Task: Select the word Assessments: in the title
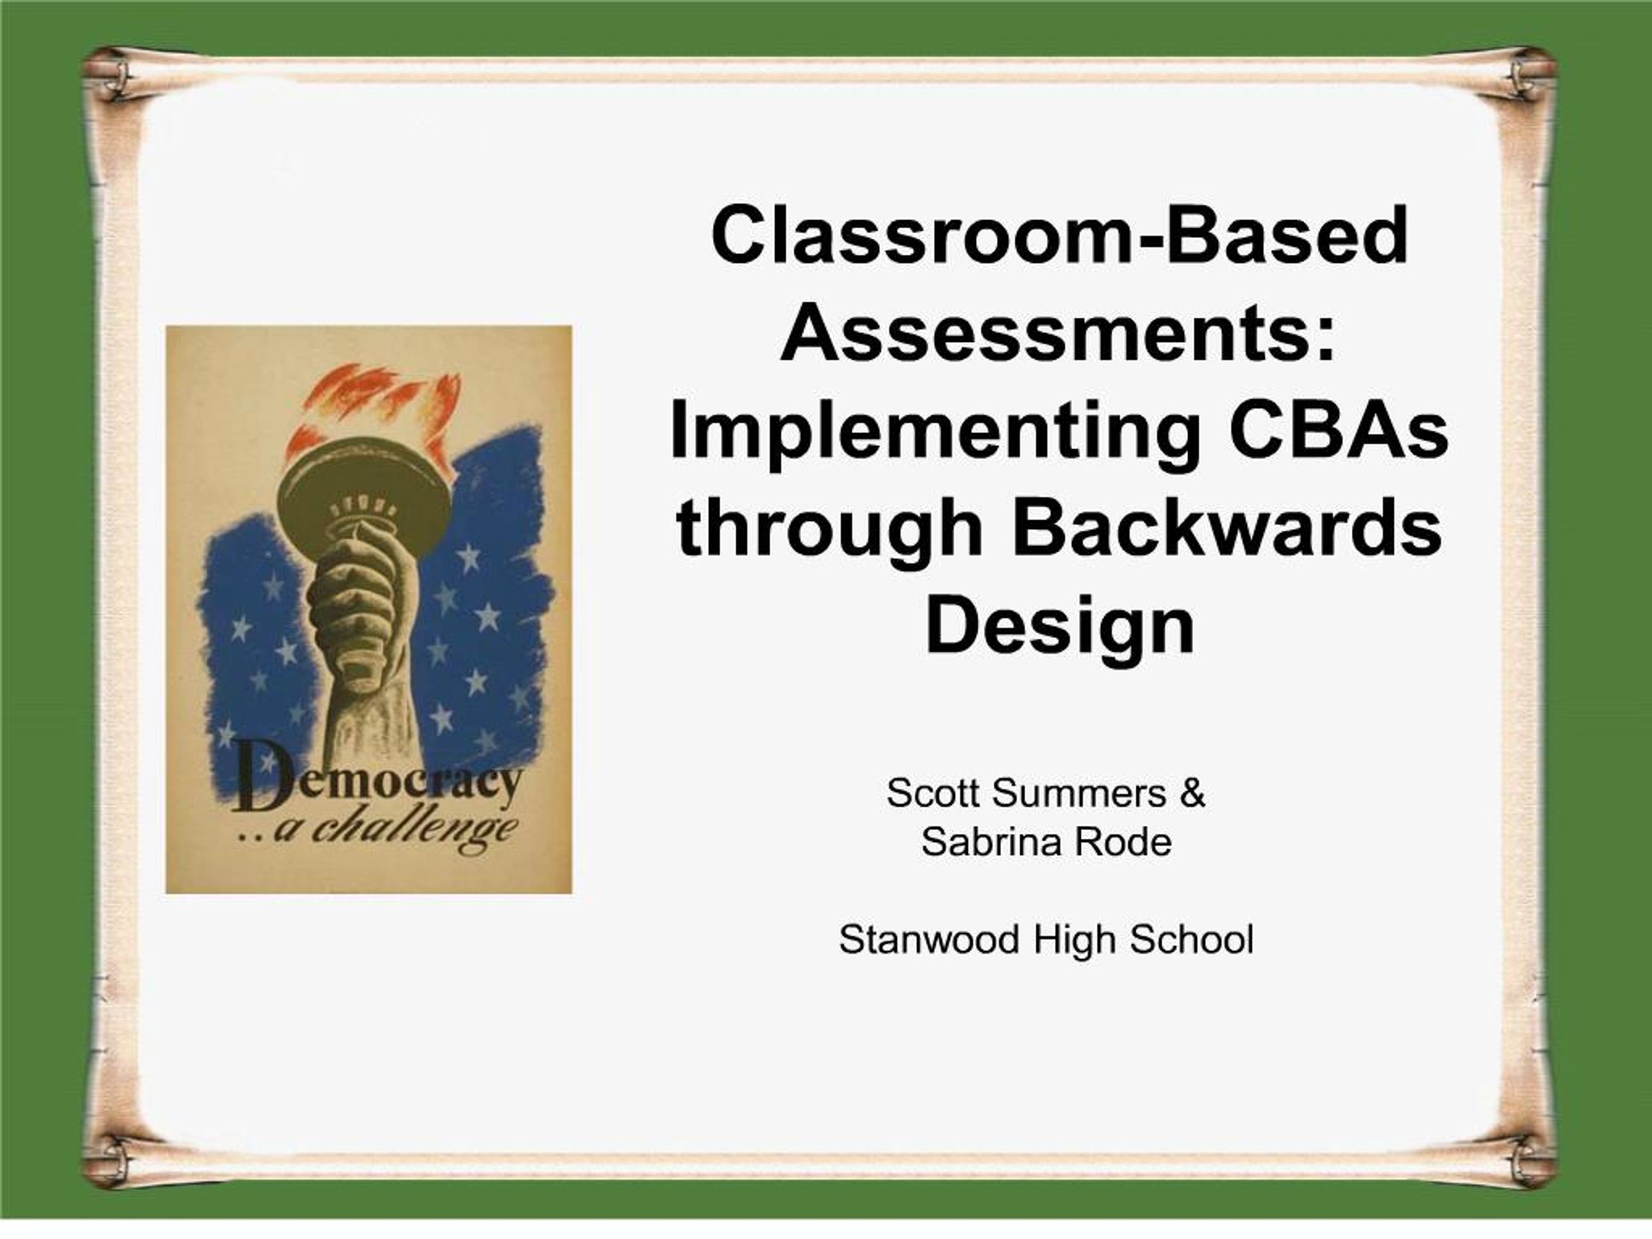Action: tap(1058, 332)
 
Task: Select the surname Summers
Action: tap(1078, 793)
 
